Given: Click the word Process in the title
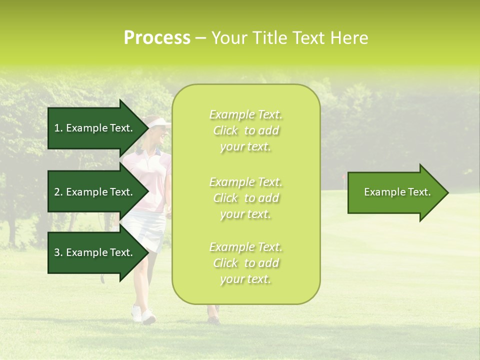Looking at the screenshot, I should (x=157, y=38).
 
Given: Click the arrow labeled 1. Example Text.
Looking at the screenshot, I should (x=95, y=128).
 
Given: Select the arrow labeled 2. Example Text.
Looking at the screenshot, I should (x=95, y=192).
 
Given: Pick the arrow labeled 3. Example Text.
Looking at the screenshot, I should (x=95, y=252).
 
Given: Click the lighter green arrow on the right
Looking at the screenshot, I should (x=395, y=192).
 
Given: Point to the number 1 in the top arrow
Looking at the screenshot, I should (x=57, y=128).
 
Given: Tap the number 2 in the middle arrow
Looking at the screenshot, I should (x=57, y=192).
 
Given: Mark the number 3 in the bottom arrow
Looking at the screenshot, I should (x=57, y=252).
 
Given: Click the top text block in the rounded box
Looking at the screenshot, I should (x=245, y=130).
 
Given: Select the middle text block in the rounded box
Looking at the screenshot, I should (x=245, y=198).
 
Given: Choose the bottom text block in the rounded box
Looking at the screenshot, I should (x=245, y=263).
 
